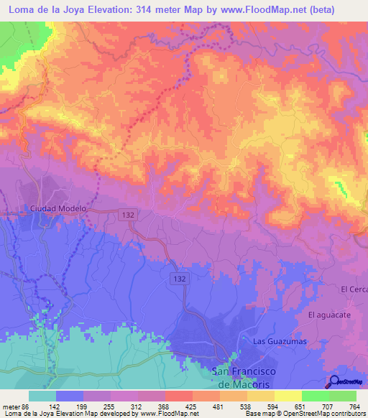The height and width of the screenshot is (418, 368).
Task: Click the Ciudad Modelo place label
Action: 58,208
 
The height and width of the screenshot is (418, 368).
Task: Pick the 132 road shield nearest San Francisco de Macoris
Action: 180,277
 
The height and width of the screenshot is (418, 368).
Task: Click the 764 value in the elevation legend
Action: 354,406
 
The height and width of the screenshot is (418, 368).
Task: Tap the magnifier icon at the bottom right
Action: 335,381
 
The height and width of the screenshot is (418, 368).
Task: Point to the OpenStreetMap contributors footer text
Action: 323,414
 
